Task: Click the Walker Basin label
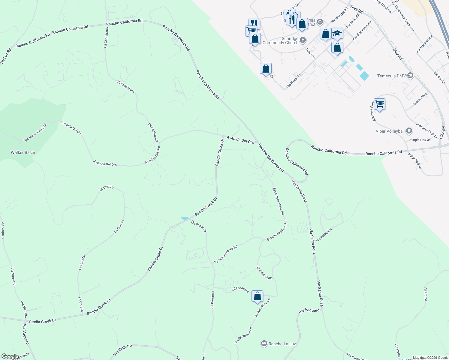click(23, 152)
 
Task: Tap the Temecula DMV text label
click(391, 76)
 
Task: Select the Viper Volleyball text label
click(390, 131)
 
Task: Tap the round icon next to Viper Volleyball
click(409, 131)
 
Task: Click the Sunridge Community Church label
click(280, 41)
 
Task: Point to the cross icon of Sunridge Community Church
click(303, 40)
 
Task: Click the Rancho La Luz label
click(282, 344)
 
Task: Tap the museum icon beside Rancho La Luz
click(264, 343)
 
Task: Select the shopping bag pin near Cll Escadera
click(257, 296)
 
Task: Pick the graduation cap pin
click(337, 33)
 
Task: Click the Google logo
click(10, 356)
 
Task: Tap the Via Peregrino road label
click(324, 234)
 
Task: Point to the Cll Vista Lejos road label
click(264, 272)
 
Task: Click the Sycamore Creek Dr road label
click(35, 132)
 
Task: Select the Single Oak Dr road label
click(420, 140)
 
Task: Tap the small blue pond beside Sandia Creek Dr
click(185, 218)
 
